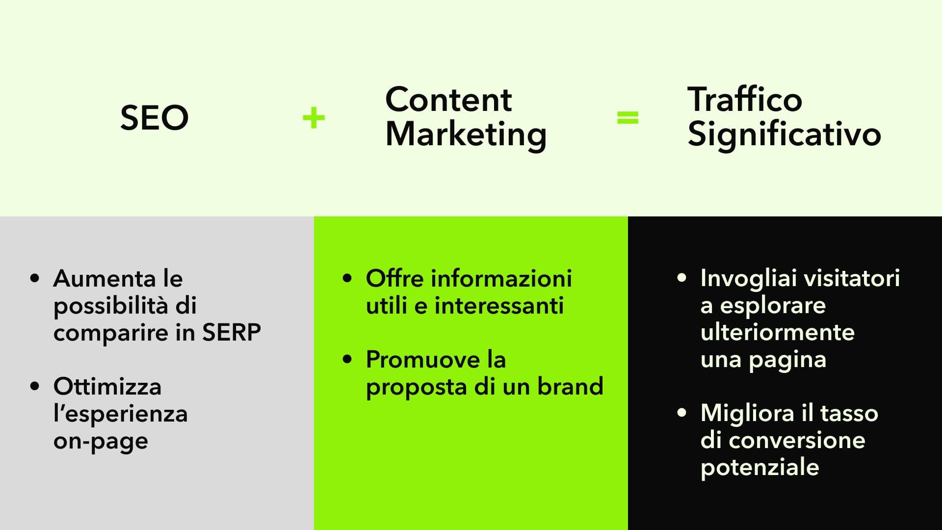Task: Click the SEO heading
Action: click(x=154, y=118)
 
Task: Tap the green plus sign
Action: click(x=314, y=118)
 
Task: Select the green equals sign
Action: click(x=628, y=118)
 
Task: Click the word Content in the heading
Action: click(x=448, y=100)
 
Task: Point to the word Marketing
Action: click(x=466, y=134)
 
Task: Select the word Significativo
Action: click(x=784, y=134)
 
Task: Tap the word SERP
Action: click(x=232, y=332)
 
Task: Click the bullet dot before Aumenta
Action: click(x=34, y=278)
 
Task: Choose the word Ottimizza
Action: click(x=107, y=387)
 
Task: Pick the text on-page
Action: click(x=101, y=441)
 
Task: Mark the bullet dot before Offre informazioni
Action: click(x=347, y=278)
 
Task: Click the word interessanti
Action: click(x=499, y=306)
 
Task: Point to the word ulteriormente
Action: click(x=778, y=332)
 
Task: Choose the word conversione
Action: click(x=797, y=440)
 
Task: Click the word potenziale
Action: click(x=760, y=467)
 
